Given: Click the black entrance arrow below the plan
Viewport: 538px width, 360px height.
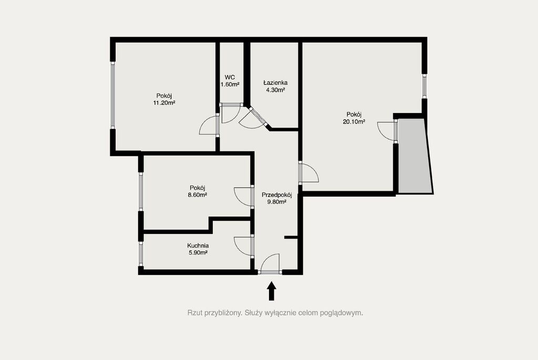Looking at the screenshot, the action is tap(272, 291).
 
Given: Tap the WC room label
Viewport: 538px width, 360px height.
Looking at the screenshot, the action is tap(230, 77).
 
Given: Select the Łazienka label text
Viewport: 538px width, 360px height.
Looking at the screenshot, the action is tap(275, 83).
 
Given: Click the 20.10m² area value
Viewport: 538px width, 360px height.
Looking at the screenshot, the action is tap(354, 121).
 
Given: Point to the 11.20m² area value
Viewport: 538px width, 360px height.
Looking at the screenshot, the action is tap(164, 102).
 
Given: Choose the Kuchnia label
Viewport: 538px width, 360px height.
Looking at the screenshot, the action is tap(198, 246).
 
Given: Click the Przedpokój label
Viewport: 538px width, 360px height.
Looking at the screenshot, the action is tap(277, 195).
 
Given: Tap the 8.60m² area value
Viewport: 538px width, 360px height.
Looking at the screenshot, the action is tap(198, 195).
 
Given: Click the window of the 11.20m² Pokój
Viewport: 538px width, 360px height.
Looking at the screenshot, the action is tap(112, 95).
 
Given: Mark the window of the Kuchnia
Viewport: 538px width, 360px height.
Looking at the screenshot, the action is tap(141, 254).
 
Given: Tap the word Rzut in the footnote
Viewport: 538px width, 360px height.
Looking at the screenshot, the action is tap(194, 313).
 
